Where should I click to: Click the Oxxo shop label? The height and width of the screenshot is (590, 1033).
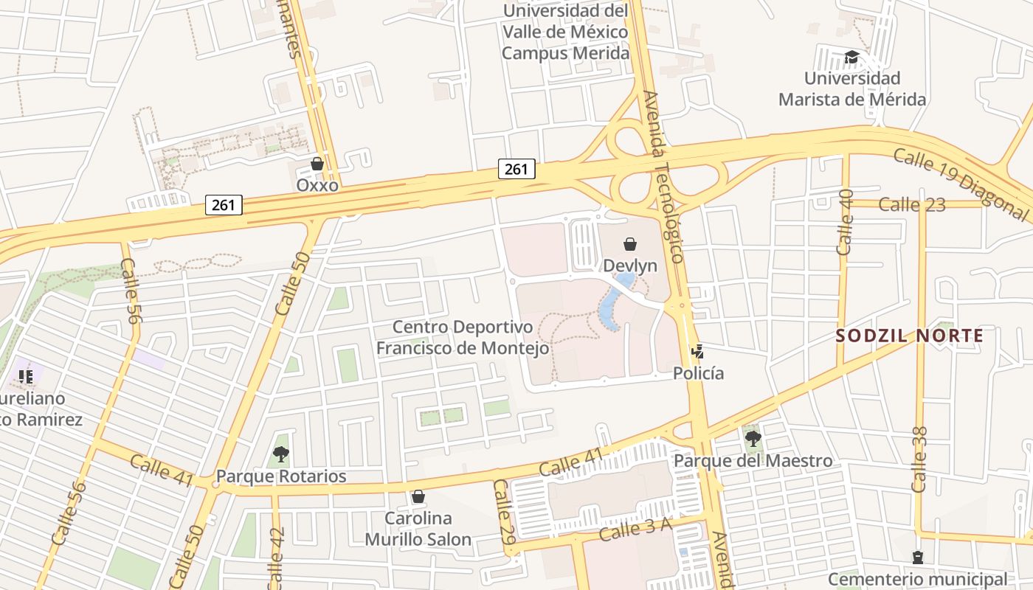click(317, 185)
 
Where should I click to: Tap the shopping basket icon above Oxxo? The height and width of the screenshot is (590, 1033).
click(317, 164)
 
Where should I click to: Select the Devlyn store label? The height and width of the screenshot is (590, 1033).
click(630, 265)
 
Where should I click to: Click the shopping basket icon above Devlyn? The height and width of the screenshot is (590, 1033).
click(630, 243)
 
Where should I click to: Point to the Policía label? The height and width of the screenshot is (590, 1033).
click(698, 373)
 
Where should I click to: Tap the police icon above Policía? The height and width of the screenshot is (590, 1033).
click(698, 352)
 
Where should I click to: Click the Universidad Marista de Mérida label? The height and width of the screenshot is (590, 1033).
click(852, 88)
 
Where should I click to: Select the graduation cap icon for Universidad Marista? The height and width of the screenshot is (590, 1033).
click(852, 57)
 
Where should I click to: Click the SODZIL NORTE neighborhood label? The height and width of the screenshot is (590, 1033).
click(910, 336)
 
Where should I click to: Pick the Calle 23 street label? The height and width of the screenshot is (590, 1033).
click(912, 204)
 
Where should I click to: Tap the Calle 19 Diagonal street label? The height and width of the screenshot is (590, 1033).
click(959, 184)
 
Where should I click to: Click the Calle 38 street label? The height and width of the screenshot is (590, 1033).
click(919, 459)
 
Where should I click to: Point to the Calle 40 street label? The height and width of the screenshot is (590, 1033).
click(846, 221)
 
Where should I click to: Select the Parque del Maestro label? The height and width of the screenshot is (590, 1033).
click(753, 461)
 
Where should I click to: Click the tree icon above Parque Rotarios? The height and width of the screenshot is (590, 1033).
click(280, 454)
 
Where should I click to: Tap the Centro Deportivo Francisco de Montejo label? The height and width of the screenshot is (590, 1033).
click(463, 338)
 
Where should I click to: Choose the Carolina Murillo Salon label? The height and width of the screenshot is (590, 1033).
click(418, 529)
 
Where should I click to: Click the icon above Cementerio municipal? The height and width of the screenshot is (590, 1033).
click(917, 558)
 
